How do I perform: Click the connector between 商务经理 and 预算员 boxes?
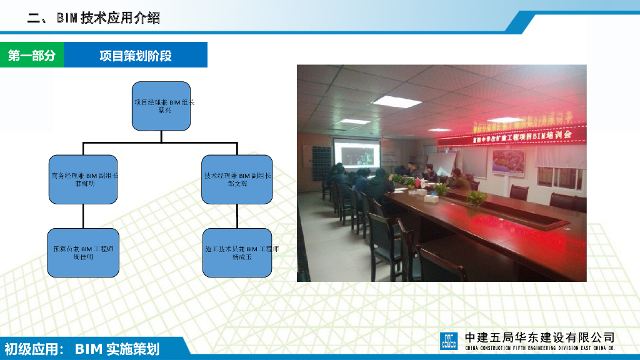tap(83, 216)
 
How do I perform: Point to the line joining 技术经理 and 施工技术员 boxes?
tap(237, 216)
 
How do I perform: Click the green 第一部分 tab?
tap(31, 56)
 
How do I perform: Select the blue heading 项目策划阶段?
tap(135, 56)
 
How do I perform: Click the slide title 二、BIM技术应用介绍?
tap(94, 18)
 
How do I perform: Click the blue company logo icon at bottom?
tap(449, 341)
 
